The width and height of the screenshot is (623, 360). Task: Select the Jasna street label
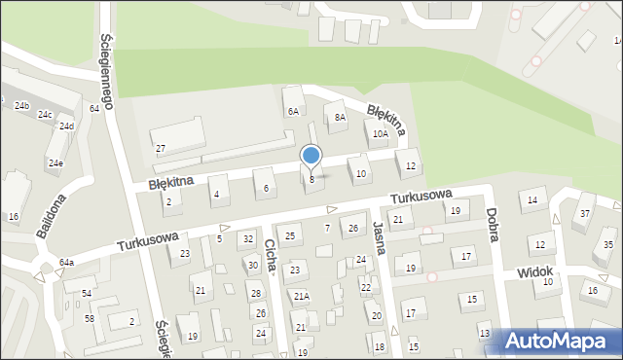(x=379, y=237)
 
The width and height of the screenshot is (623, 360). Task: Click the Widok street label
(x=534, y=271)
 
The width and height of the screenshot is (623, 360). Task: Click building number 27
(x=161, y=148)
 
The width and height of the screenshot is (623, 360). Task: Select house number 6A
(x=292, y=111)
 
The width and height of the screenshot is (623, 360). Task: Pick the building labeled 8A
(x=340, y=118)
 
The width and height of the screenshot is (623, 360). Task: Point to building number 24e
(x=55, y=163)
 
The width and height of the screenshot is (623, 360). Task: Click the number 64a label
(x=66, y=263)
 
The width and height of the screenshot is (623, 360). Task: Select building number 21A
(x=302, y=296)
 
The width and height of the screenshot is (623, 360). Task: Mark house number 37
(x=586, y=213)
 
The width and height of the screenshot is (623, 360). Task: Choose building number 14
(x=531, y=200)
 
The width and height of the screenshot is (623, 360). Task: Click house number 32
(x=248, y=238)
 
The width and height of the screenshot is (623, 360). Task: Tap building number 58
(x=89, y=318)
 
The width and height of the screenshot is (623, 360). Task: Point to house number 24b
(x=21, y=105)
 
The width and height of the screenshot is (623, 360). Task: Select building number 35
(x=608, y=244)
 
